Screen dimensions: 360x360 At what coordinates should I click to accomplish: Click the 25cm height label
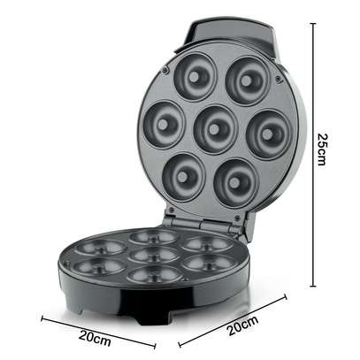click(x=323, y=149)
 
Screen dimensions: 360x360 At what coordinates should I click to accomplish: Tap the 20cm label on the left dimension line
click(x=95, y=339)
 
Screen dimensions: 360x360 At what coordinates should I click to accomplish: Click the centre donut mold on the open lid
click(x=216, y=129)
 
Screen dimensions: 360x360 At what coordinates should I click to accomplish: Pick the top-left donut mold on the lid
click(x=195, y=77)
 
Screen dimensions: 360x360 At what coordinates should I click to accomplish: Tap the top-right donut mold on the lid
click(x=248, y=80)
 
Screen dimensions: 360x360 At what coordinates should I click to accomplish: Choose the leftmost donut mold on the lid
click(x=164, y=125)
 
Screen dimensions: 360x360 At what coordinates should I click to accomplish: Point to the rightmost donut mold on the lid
click(x=268, y=134)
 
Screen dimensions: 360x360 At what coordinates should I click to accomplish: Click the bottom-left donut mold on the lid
click(x=183, y=177)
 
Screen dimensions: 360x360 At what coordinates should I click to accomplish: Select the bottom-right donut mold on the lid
click(x=236, y=183)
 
